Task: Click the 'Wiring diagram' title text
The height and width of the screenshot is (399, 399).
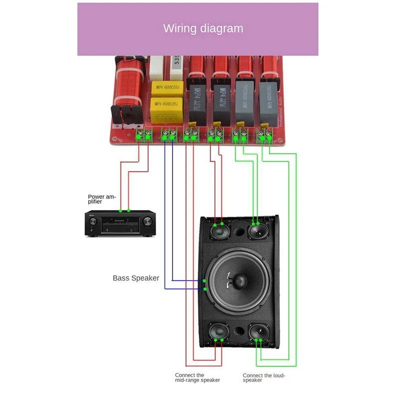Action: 203,28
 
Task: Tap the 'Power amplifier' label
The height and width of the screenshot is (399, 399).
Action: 102,199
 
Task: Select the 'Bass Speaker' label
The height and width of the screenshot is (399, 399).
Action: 136,278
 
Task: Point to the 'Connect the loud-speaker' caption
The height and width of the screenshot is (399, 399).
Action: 264,378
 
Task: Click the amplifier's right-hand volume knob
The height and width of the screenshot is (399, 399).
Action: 148,221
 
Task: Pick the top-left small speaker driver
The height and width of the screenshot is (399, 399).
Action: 218,232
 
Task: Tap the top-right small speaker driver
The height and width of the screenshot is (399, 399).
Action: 258,232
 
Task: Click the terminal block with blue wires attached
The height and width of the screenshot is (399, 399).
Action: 169,134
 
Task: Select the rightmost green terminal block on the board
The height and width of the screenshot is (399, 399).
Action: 264,134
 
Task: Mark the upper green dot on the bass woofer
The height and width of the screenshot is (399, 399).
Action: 205,282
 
